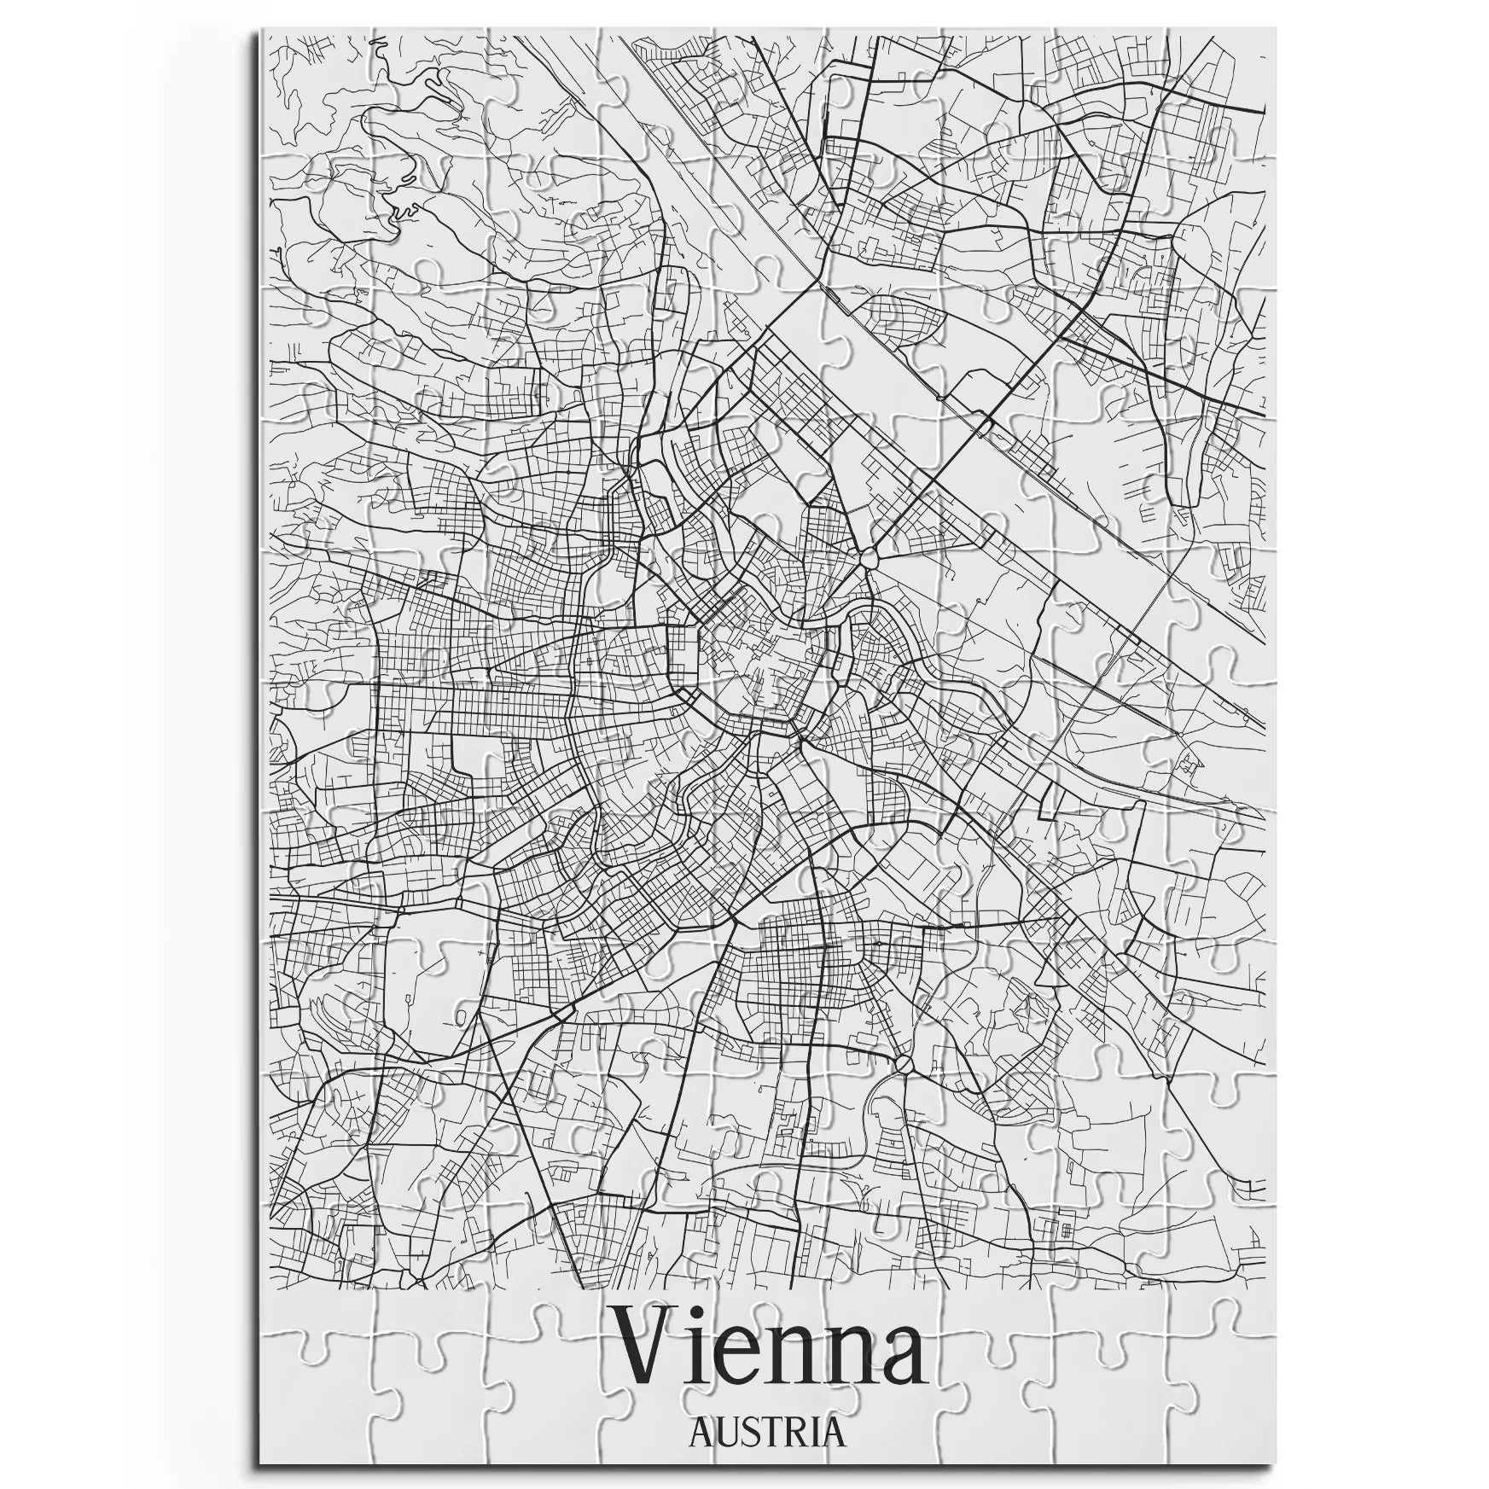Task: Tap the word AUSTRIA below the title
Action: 766,1433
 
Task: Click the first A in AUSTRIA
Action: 700,1434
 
